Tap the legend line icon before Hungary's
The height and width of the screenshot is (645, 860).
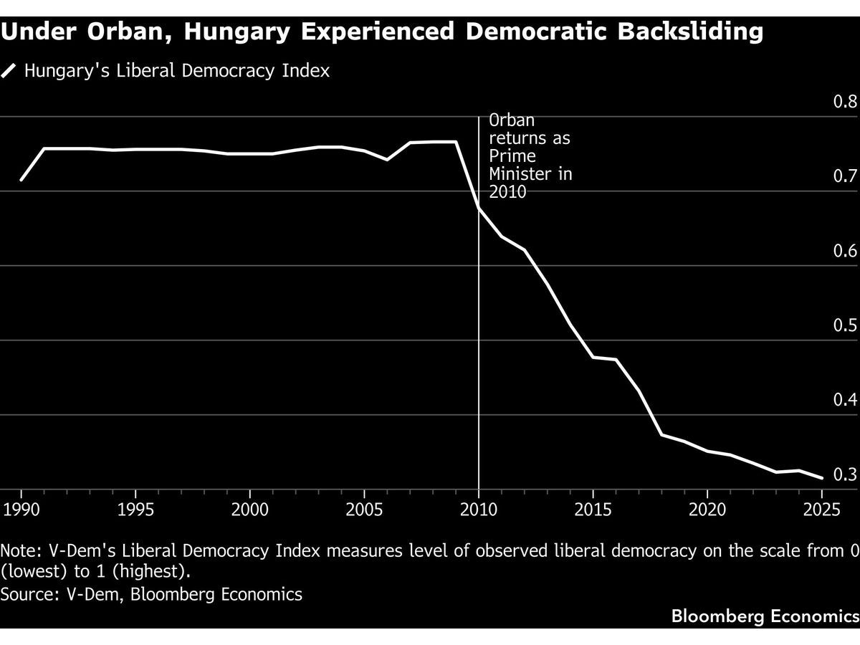[x=9, y=71]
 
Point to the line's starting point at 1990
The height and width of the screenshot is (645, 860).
[x=21, y=180]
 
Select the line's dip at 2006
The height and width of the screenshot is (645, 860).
[x=388, y=159]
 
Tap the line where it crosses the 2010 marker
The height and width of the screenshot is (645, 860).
[x=479, y=209]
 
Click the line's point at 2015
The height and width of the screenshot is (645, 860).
[x=593, y=357]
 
